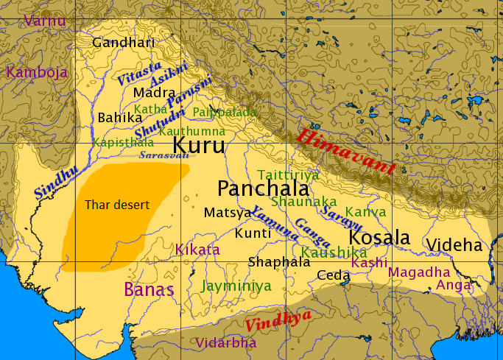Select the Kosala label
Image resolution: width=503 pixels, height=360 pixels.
(x=379, y=238)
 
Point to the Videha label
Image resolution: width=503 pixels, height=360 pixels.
(x=454, y=245)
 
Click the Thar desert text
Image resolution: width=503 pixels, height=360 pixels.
(x=117, y=204)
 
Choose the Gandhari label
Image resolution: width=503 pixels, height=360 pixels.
(x=124, y=42)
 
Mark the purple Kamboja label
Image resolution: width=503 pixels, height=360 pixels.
(x=37, y=72)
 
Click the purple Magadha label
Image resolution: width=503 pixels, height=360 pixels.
(x=418, y=272)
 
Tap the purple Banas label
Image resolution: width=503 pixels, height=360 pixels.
(x=149, y=289)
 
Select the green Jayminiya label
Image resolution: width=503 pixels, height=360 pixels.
(x=236, y=286)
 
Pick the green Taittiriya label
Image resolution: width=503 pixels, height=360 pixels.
(x=288, y=174)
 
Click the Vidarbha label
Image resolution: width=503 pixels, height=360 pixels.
(x=226, y=342)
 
